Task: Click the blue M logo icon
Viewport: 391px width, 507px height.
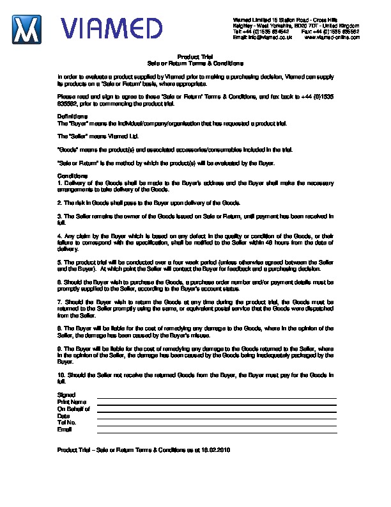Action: coord(27,29)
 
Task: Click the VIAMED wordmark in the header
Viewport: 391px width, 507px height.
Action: coord(111,29)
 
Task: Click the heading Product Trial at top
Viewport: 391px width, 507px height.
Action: coord(195,56)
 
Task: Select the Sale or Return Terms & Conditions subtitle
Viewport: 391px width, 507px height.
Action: coord(195,63)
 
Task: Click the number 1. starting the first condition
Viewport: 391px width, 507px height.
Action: coord(59,183)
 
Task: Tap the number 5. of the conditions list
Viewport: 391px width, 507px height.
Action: coord(59,262)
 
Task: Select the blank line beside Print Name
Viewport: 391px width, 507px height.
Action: coord(216,404)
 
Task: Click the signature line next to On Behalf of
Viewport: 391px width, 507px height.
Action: coord(216,411)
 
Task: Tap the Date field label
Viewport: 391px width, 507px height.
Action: coord(63,416)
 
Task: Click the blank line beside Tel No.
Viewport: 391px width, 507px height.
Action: coord(216,425)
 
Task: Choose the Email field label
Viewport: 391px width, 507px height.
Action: coord(65,430)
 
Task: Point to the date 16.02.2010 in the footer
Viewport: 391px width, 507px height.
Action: coord(215,450)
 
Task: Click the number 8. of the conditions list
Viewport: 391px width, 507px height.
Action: coord(59,326)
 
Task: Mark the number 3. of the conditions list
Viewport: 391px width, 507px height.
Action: coord(59,216)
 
